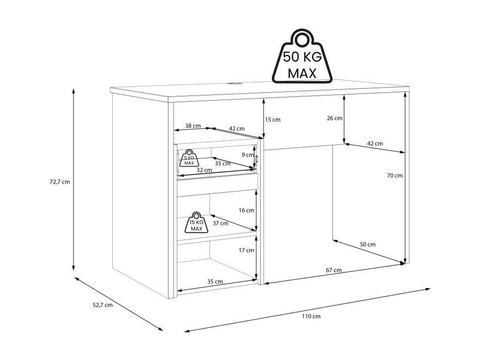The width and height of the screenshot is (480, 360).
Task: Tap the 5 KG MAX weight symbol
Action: (189, 158)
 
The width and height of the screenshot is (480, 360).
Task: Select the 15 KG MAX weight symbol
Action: (196, 222)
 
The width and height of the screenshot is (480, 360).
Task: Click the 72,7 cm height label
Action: (59, 182)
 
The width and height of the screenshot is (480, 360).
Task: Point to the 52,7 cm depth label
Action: (102, 305)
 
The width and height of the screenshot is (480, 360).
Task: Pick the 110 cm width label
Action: (311, 316)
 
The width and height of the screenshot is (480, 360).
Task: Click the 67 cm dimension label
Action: (334, 270)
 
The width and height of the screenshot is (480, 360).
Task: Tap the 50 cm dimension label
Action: (367, 244)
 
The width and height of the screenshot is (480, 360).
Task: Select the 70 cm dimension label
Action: (395, 175)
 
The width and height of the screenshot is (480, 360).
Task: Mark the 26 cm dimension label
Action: (335, 118)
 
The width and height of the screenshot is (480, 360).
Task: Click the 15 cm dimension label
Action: (273, 119)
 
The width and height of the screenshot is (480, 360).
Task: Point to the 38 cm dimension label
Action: (193, 126)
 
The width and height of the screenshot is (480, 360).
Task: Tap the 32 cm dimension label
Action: (204, 170)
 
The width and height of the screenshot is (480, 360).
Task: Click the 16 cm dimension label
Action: (246, 211)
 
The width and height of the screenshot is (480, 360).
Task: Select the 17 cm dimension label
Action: (246, 250)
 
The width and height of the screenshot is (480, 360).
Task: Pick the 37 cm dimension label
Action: (220, 223)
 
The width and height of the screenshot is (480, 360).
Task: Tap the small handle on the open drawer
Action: (257, 159)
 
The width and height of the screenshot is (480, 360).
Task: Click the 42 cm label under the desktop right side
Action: (374, 143)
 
